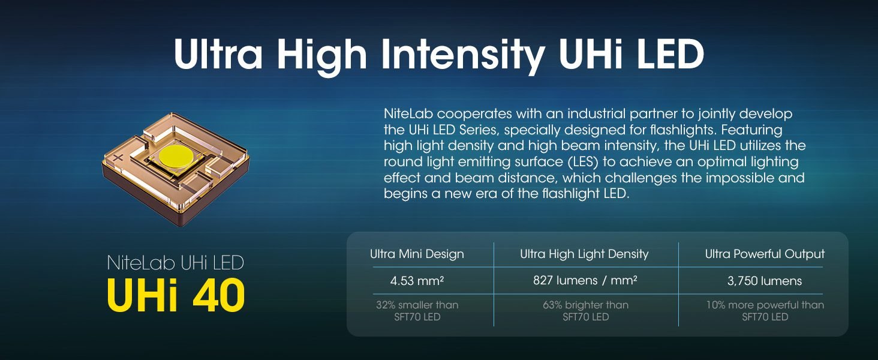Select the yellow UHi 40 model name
[176, 295]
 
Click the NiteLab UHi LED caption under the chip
[176, 263]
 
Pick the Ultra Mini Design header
[417, 254]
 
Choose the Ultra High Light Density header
[584, 254]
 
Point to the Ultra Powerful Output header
[765, 254]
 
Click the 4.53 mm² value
[417, 281]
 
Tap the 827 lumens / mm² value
[585, 281]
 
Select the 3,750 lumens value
[765, 281]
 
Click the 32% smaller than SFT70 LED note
[417, 311]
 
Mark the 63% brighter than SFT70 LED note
[585, 311]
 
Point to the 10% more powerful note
[765, 311]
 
